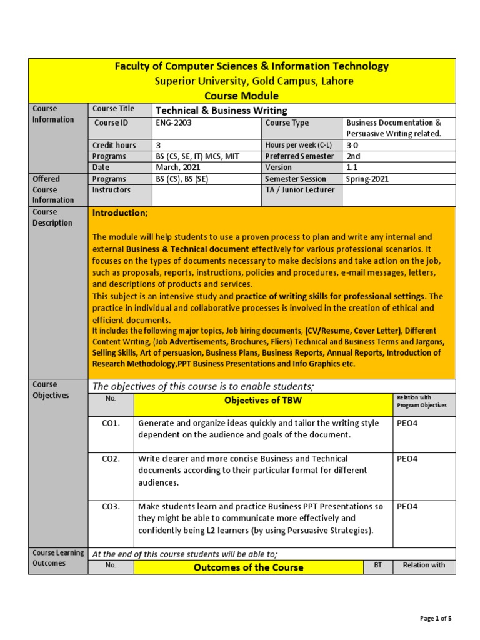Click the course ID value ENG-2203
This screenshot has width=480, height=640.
[x=174, y=123]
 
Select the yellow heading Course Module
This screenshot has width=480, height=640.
[x=241, y=96]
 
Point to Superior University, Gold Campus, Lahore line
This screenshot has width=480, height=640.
[x=254, y=81]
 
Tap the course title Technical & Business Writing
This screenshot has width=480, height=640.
[x=221, y=110]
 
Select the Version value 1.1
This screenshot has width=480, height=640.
[x=352, y=167]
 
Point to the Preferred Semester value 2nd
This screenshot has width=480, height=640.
[x=353, y=156]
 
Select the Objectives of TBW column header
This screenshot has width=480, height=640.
[x=263, y=401]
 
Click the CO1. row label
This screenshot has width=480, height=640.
[x=111, y=423]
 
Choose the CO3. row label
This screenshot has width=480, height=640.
[x=111, y=506]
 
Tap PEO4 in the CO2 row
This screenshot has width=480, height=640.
[x=407, y=459]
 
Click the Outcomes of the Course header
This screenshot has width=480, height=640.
[x=249, y=567]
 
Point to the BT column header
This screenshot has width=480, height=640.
[x=377, y=565]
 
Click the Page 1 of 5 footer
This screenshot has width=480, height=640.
[x=436, y=619]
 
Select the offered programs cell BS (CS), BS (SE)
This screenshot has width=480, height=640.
[x=182, y=179]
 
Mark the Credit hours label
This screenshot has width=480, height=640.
[x=114, y=145]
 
